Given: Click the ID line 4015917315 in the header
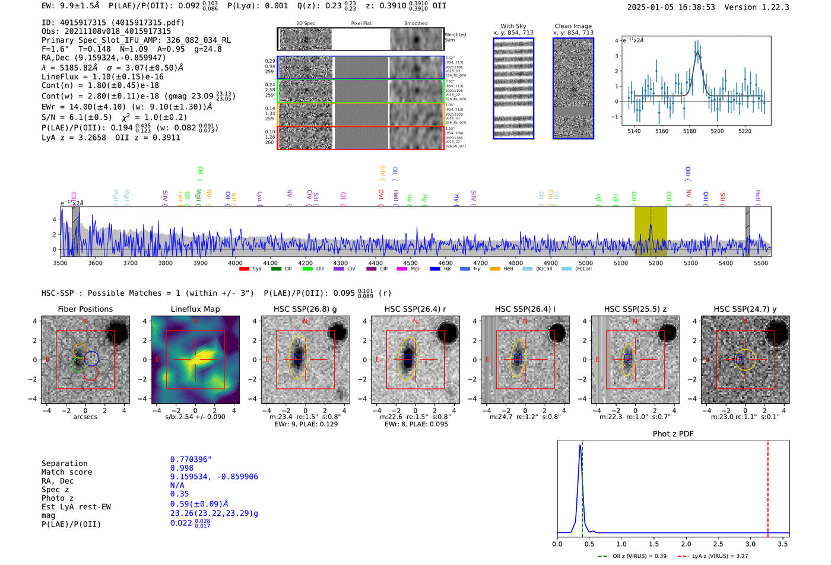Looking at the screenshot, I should click(x=113, y=23).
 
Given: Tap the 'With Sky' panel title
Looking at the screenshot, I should click(x=513, y=26).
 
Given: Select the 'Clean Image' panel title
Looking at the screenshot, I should click(x=573, y=26).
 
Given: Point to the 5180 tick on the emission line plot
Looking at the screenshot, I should click(x=689, y=131).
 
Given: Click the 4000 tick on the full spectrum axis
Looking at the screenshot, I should click(x=235, y=263).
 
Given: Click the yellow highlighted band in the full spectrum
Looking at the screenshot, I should click(x=651, y=231).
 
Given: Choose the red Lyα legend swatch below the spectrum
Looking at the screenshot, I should click(x=244, y=269).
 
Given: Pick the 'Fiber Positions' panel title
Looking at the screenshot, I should click(x=85, y=309).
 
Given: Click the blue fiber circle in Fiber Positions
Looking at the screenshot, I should click(x=91, y=358).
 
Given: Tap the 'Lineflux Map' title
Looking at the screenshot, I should click(x=195, y=309).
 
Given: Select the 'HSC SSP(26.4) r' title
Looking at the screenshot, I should click(x=415, y=309).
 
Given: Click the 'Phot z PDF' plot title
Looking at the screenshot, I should click(x=673, y=433).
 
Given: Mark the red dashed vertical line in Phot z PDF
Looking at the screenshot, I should click(x=767, y=486).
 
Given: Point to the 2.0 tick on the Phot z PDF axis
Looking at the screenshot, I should click(x=686, y=544).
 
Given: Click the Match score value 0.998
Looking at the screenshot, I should click(x=182, y=468).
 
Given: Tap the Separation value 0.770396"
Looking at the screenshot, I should click(x=191, y=459).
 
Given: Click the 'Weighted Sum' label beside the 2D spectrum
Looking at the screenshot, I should click(x=455, y=37).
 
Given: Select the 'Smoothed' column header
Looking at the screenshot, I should click(x=415, y=23).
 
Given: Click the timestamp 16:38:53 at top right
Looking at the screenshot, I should click(x=695, y=7).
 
